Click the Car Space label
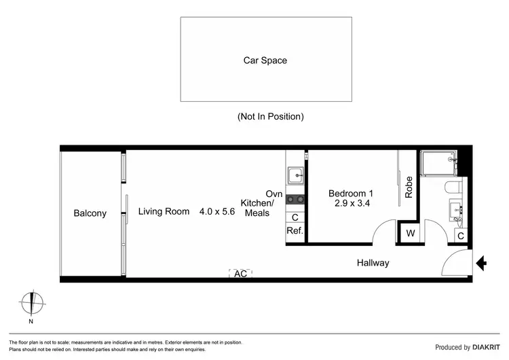click(265, 60)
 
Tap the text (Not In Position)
click(270, 116)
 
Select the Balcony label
click(90, 213)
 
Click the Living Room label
click(164, 211)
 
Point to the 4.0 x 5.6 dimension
click(216, 211)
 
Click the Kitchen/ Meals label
click(259, 208)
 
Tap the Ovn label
click(274, 194)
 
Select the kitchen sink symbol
click(295, 176)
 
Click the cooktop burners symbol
click(295, 200)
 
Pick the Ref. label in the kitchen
click(294, 231)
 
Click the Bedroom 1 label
click(350, 193)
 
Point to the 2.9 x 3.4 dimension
click(350, 203)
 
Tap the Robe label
click(409, 187)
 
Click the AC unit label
click(241, 274)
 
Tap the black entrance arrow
click(482, 263)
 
